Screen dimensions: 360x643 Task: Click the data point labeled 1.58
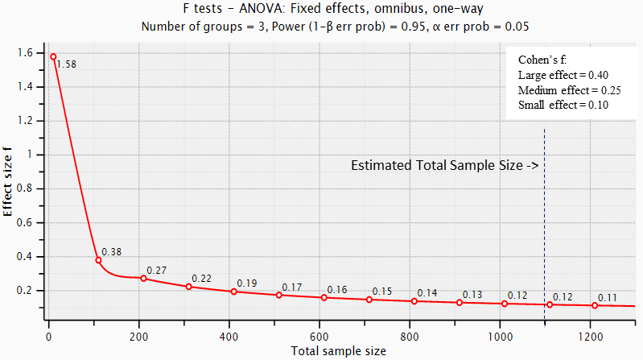point(53,56)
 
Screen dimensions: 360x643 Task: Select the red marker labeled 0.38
point(98,260)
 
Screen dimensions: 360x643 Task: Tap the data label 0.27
point(156,270)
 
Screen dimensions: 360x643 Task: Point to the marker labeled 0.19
point(233,292)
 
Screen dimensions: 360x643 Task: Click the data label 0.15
point(382,292)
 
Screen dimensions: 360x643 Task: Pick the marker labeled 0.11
point(595,305)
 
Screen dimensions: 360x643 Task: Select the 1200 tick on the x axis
point(590,336)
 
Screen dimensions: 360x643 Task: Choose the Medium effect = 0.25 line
point(563,89)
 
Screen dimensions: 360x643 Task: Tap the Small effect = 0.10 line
point(563,105)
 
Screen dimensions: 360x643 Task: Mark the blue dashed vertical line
point(545,226)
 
